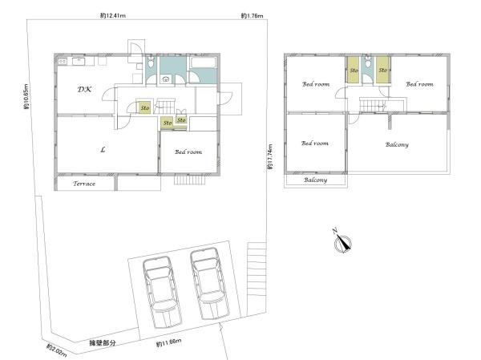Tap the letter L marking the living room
coord(103,149)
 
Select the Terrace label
coord(84,184)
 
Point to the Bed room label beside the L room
coord(188,152)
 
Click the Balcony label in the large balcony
coord(397,144)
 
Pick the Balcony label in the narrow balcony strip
coord(316,180)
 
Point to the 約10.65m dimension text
coord(26,99)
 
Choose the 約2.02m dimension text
coord(55,351)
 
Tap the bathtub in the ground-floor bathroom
coord(201,65)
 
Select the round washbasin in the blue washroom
coord(165,79)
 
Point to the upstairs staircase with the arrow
coord(374,107)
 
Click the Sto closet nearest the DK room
coord(144,107)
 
